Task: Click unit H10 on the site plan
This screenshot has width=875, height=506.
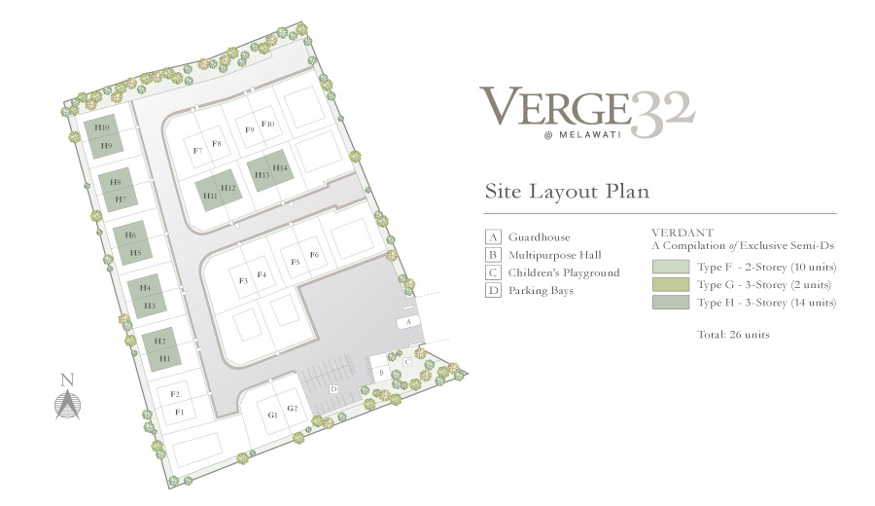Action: click(101, 127)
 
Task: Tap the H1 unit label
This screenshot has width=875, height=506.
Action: click(164, 358)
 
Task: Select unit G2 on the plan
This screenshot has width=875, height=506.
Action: click(293, 409)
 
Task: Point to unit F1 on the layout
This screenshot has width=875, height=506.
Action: click(179, 413)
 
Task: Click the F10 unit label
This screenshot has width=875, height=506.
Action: click(268, 124)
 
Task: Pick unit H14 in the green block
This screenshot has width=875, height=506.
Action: click(280, 167)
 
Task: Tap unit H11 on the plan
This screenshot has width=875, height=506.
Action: click(210, 196)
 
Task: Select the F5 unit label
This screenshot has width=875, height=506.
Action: click(296, 262)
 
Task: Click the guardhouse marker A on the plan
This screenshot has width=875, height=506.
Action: click(408, 322)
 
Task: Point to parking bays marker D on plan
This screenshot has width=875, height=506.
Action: click(333, 388)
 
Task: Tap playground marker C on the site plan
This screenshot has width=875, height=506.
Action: click(407, 362)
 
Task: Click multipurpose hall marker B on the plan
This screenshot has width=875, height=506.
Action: click(382, 373)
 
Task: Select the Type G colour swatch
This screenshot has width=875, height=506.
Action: click(671, 284)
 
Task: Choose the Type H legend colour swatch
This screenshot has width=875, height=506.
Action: click(671, 303)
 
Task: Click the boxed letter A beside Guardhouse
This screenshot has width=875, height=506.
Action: click(493, 236)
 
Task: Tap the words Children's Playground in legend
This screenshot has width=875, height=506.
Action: click(564, 272)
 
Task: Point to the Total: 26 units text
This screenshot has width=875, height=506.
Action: click(733, 335)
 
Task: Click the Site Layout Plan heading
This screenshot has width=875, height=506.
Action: click(567, 192)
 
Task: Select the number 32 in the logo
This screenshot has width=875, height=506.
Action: click(663, 114)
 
